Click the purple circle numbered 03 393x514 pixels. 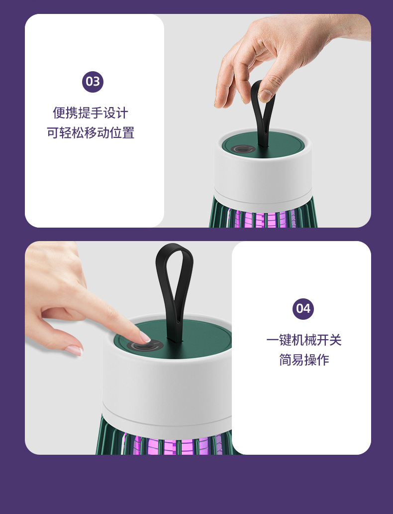(x=93, y=82)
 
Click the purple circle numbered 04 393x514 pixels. (x=303, y=309)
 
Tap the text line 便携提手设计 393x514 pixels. (x=91, y=113)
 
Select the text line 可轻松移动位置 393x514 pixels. (x=91, y=133)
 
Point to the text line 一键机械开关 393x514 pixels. (x=304, y=340)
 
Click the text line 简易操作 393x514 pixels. (x=304, y=360)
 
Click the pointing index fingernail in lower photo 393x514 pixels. (x=145, y=337)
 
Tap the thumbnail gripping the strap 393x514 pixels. (x=265, y=96)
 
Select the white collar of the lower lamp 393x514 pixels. (x=167, y=387)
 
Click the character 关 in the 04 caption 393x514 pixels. (x=335, y=340)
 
